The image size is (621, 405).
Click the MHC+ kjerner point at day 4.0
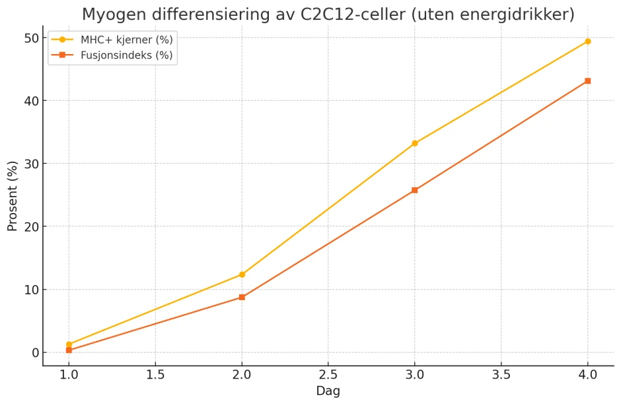pos(587,42)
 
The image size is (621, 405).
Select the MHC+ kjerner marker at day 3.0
pos(414,143)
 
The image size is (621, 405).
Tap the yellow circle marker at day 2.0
pos(242,274)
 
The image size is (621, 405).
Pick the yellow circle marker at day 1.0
pos(69,344)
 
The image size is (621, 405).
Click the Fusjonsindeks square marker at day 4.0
pos(587,81)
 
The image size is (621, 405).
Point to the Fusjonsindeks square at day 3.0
pos(414,190)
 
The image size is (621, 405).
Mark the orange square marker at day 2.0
pos(242,297)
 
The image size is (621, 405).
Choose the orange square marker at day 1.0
pos(69,350)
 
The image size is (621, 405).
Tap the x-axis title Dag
pos(328,391)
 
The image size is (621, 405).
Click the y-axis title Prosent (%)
pos(13,197)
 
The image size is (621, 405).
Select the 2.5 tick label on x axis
pos(328,374)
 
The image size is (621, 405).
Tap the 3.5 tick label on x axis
pos(501,374)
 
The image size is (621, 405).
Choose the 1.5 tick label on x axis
pos(155,374)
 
